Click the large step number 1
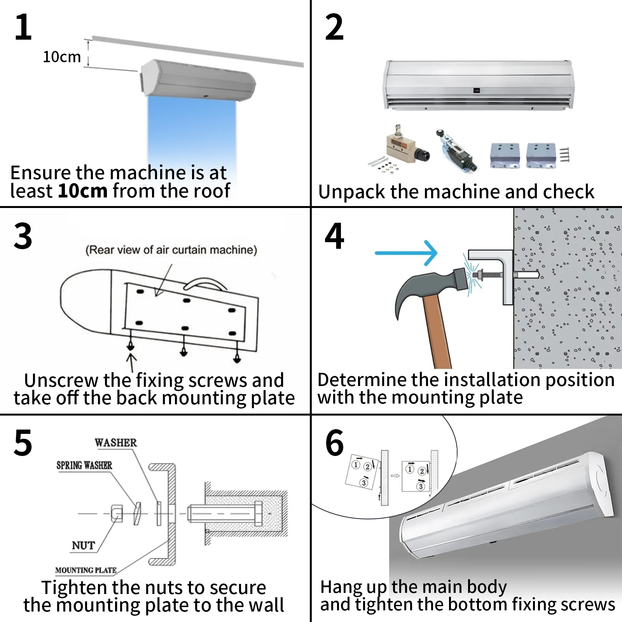pyautogui.click(x=23, y=27)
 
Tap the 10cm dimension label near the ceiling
pyautogui.click(x=62, y=57)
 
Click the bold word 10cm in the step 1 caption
pyautogui.click(x=82, y=191)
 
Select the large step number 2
pyautogui.click(x=334, y=27)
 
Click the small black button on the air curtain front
pyautogui.click(x=477, y=91)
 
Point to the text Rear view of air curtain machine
pyautogui.click(x=171, y=250)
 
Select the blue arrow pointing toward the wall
pyautogui.click(x=406, y=253)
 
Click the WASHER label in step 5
pyautogui.click(x=116, y=443)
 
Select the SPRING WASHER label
pyautogui.click(x=84, y=465)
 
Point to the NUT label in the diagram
pyautogui.click(x=83, y=545)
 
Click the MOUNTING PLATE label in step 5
pyautogui.click(x=86, y=570)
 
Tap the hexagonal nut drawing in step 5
pyautogui.click(x=117, y=513)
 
